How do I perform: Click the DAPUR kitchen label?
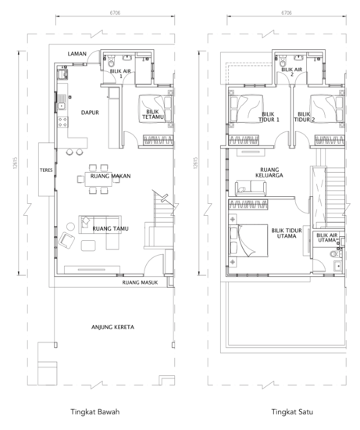pyautogui.click(x=90, y=113)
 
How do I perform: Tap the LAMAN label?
pyautogui.click(x=77, y=54)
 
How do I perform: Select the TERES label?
pyautogui.click(x=46, y=170)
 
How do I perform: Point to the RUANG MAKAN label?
pyautogui.click(x=110, y=176)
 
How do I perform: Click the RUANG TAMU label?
pyautogui.click(x=110, y=228)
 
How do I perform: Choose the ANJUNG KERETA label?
pyautogui.click(x=112, y=327)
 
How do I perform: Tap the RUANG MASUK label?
pyautogui.click(x=140, y=282)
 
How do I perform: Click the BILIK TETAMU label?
pyautogui.click(x=153, y=114)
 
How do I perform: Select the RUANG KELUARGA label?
pyautogui.click(x=269, y=173)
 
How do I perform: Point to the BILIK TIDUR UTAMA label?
pyautogui.click(x=287, y=233)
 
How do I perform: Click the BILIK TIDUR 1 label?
pyautogui.click(x=269, y=116)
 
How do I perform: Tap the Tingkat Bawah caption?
pyautogui.click(x=95, y=411)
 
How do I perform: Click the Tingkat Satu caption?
pyautogui.click(x=292, y=411)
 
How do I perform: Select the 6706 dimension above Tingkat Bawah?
pyautogui.click(x=115, y=13)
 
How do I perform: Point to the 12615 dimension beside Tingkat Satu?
pyautogui.click(x=195, y=163)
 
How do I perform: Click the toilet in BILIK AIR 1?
pyautogui.click(x=111, y=61)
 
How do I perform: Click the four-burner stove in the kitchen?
pyautogui.click(x=62, y=122)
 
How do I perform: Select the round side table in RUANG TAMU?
pyautogui.click(x=70, y=227)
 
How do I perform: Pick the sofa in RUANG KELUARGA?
pyautogui.click(x=251, y=188)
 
